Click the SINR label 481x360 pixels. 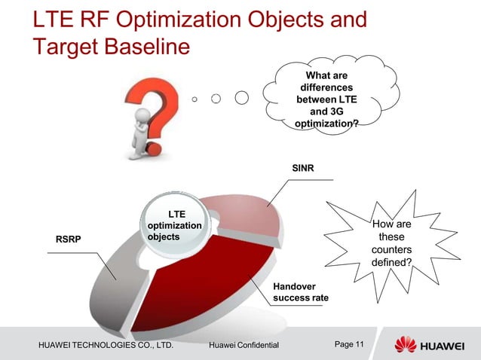(304, 166)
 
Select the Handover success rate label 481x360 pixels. (300, 293)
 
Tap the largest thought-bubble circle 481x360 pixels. (242, 98)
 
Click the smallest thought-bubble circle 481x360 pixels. (195, 99)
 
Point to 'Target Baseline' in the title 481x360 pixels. (110, 47)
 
